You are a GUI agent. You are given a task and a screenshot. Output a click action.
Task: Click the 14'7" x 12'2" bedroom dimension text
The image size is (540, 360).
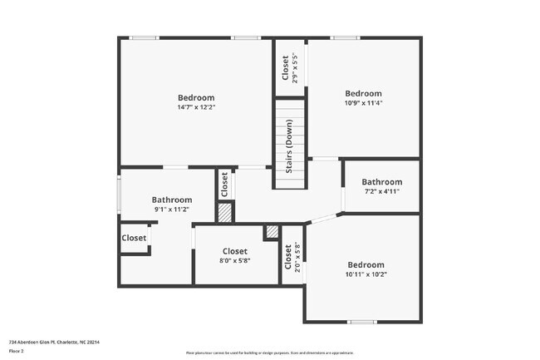click(196, 107)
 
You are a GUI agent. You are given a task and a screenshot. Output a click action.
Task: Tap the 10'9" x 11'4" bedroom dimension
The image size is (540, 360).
click(363, 104)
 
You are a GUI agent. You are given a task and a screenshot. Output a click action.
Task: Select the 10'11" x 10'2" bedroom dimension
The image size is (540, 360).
click(366, 274)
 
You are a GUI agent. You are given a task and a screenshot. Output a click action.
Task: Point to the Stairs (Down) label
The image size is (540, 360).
click(289, 145)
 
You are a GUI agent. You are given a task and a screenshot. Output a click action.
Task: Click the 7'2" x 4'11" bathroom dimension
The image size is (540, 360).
click(381, 191)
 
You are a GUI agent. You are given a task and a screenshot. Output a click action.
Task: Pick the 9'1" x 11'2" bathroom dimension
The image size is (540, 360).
click(172, 210)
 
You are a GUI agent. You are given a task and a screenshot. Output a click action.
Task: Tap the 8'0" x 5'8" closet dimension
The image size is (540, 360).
click(234, 261)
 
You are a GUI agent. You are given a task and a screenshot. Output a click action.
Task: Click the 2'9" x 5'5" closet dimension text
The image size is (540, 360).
click(296, 67)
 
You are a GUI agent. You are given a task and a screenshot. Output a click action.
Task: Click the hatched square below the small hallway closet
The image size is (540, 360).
click(224, 212)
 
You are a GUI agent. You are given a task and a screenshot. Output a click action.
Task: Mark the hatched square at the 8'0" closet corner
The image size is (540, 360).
click(271, 233)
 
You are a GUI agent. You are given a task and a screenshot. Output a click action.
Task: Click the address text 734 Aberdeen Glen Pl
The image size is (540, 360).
click(49, 342)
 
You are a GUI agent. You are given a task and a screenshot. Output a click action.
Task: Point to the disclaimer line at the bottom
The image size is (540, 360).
click(270, 353)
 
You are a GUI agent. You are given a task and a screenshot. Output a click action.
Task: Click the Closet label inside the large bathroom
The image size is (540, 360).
click(134, 238)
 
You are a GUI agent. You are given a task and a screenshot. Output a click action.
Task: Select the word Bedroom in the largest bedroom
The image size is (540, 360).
click(196, 97)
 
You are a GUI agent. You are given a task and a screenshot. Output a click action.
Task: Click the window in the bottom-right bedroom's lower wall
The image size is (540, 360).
click(361, 322)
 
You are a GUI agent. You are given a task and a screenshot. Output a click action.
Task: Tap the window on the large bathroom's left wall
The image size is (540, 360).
click(120, 195)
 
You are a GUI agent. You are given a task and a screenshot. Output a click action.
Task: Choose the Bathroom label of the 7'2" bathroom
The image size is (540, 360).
click(381, 182)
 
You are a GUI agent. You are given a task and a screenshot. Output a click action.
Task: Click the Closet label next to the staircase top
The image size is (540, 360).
click(286, 67)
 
